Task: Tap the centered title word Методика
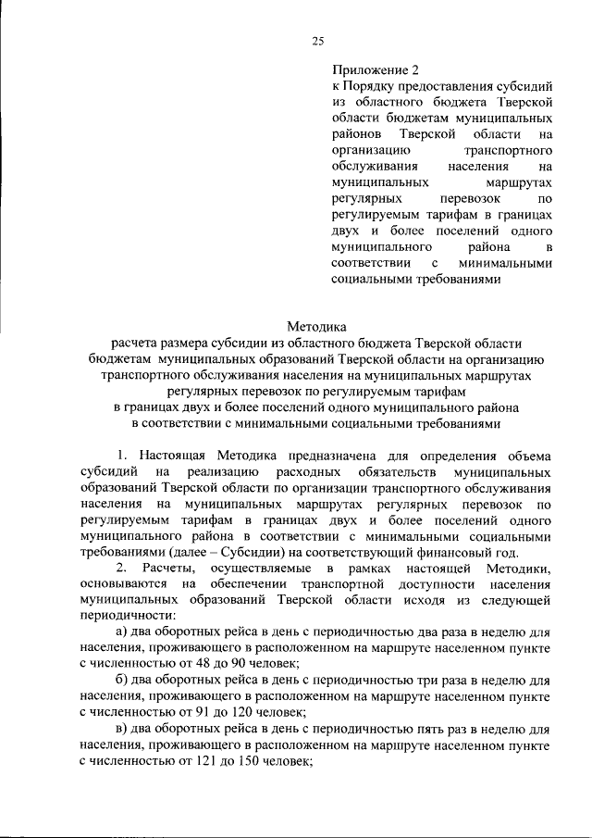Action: point(315,327)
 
